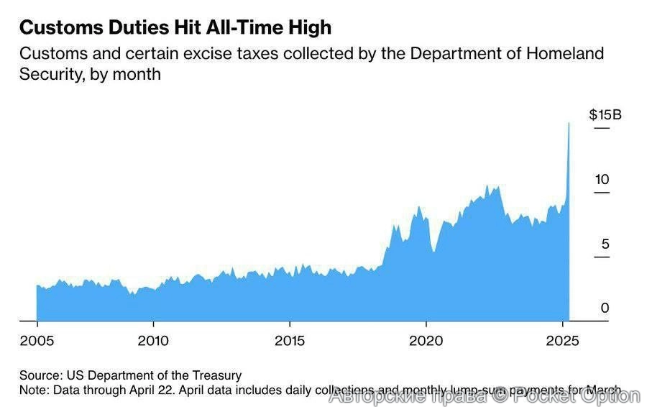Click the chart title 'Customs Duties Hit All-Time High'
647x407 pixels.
click(175, 27)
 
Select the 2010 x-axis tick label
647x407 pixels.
click(152, 340)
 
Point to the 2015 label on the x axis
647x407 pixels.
click(289, 340)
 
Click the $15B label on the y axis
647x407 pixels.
click(605, 114)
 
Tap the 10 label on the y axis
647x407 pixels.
click(602, 179)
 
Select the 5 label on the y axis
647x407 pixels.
click(605, 244)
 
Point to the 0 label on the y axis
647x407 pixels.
click(605, 308)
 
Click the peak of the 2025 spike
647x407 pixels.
click(569, 124)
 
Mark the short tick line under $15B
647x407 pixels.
click(601, 128)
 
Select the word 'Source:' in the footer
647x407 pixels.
click(41, 375)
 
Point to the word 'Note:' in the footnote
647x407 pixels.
click(34, 389)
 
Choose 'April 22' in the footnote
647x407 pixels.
click(148, 389)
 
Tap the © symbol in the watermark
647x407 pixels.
click(499, 395)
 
